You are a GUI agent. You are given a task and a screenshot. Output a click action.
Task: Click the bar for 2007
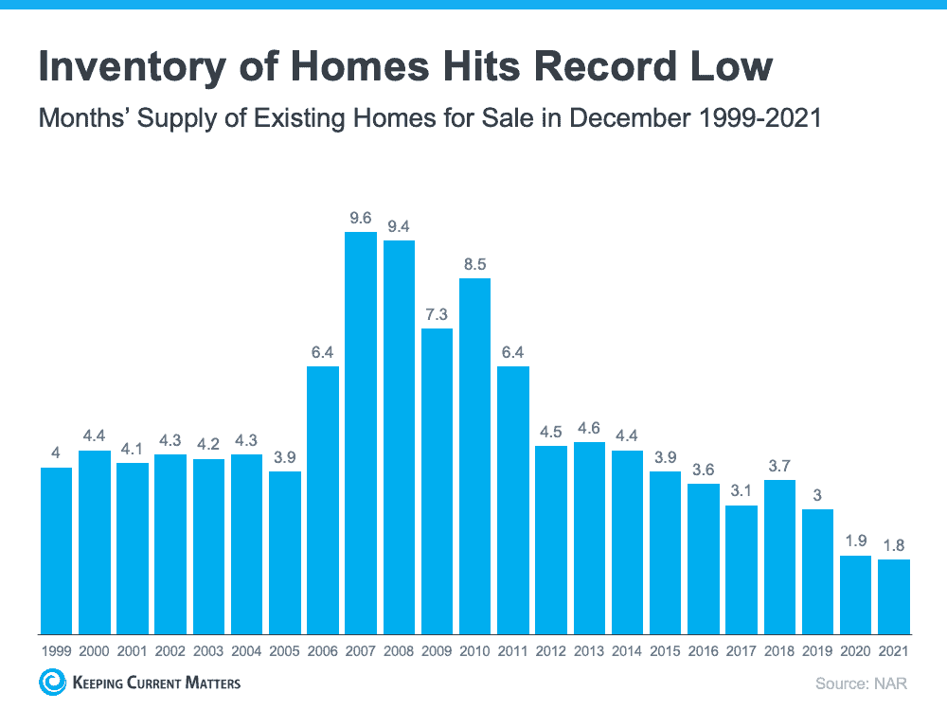click(x=361, y=433)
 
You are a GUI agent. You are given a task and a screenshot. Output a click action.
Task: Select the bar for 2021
click(x=894, y=596)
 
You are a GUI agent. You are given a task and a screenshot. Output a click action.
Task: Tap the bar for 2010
click(x=475, y=455)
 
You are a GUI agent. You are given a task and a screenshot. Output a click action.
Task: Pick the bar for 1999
click(x=57, y=551)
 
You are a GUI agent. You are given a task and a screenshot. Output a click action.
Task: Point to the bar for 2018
click(x=779, y=557)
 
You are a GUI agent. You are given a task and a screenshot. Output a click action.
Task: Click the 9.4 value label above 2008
click(x=399, y=226)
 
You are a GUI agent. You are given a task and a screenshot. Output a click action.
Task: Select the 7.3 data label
click(x=437, y=314)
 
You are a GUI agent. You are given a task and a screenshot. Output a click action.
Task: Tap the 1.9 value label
click(x=855, y=541)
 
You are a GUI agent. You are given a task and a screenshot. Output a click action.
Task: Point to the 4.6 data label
click(x=589, y=428)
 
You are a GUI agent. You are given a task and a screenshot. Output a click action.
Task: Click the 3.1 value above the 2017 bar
click(x=742, y=491)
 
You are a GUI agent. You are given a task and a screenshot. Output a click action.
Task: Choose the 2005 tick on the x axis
click(x=284, y=651)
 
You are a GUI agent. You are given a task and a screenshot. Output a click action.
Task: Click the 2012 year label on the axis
click(x=551, y=651)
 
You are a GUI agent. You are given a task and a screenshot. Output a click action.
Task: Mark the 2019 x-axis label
click(x=817, y=651)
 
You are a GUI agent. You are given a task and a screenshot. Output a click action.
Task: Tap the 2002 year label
click(x=170, y=651)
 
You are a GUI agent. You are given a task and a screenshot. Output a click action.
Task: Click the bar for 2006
click(x=323, y=500)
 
